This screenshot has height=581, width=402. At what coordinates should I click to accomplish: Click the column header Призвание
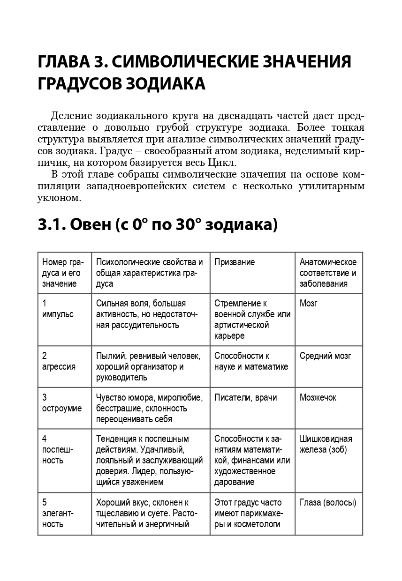coord(235,262)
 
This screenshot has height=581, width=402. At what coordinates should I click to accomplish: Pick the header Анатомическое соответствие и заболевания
coord(328,273)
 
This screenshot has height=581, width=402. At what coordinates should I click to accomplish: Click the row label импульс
coord(58,314)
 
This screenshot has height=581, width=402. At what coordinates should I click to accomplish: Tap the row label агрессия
coord(59,367)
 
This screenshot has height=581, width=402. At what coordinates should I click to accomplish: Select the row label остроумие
coord(62,409)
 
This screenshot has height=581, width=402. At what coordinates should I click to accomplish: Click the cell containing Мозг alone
coord(308,304)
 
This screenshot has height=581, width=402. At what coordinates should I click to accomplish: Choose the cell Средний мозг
coord(325,356)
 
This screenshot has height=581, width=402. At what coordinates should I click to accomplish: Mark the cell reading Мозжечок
coord(318,398)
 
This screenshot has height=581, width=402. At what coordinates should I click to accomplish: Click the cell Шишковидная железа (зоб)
coord(326,445)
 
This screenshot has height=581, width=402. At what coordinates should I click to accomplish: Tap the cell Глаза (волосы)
coord(327,503)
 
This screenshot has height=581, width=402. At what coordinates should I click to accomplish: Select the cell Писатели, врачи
coord(245,398)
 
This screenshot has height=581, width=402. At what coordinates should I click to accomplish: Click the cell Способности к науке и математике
coord(251,361)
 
